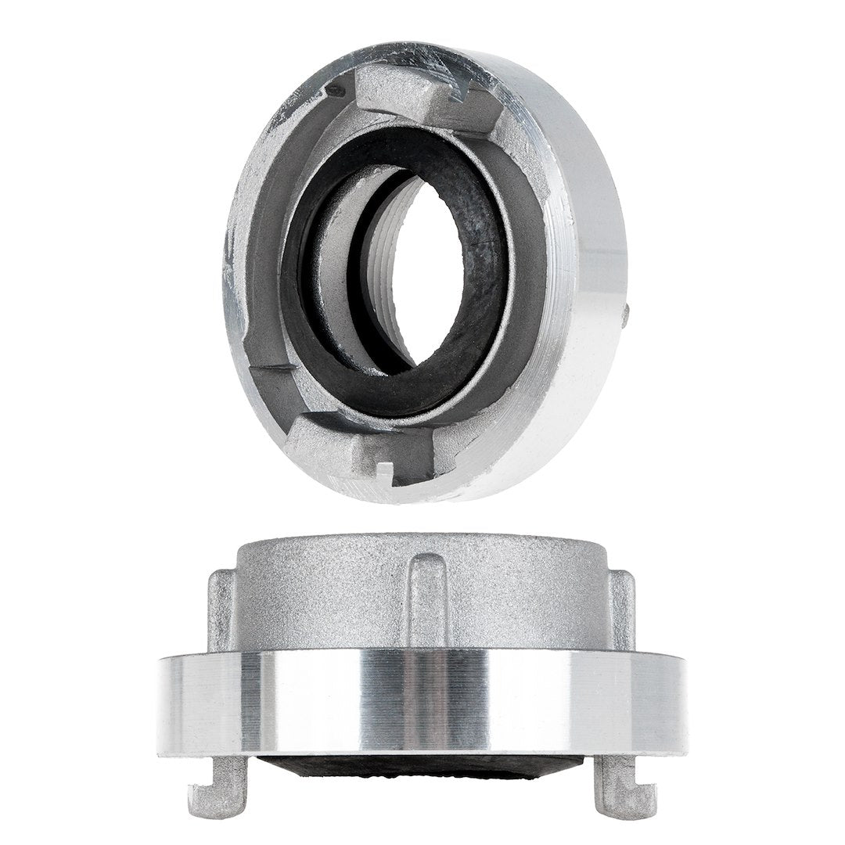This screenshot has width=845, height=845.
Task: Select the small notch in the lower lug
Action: click(x=383, y=472)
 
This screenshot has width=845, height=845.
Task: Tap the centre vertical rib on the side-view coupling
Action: click(x=426, y=599)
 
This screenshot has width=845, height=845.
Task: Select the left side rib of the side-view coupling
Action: click(x=220, y=610)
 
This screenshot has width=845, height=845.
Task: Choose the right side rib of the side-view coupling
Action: click(x=623, y=610)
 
